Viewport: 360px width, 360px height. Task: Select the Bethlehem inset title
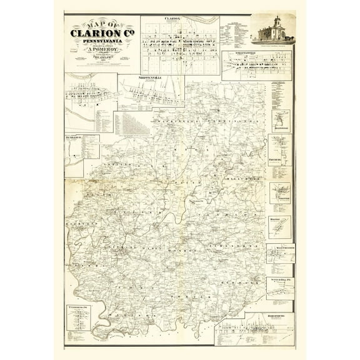[x=73, y=137]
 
